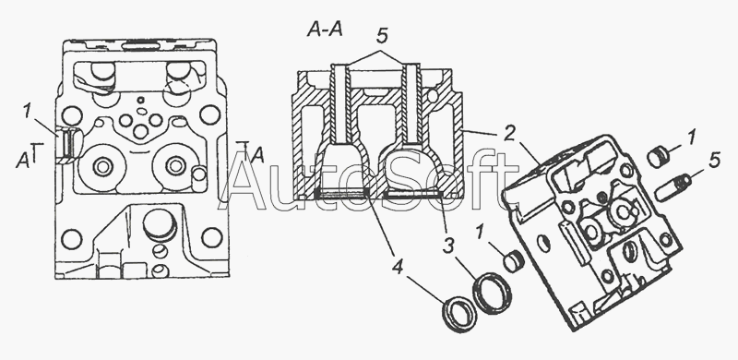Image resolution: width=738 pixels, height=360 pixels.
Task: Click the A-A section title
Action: pos(325,30)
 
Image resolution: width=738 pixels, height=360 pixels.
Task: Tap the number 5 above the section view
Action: pos(382,36)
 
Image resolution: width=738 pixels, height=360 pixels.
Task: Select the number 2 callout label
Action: pos(508,134)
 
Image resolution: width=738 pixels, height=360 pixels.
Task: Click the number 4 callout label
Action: pos(398,268)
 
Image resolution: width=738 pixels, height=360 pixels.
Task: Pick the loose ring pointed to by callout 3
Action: pos(492,293)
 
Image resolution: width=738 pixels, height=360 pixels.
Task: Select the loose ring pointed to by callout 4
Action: pos(459,314)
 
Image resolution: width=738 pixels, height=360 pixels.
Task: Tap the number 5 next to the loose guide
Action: pos(714,161)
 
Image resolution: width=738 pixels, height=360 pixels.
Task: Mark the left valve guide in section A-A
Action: pos(339,102)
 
